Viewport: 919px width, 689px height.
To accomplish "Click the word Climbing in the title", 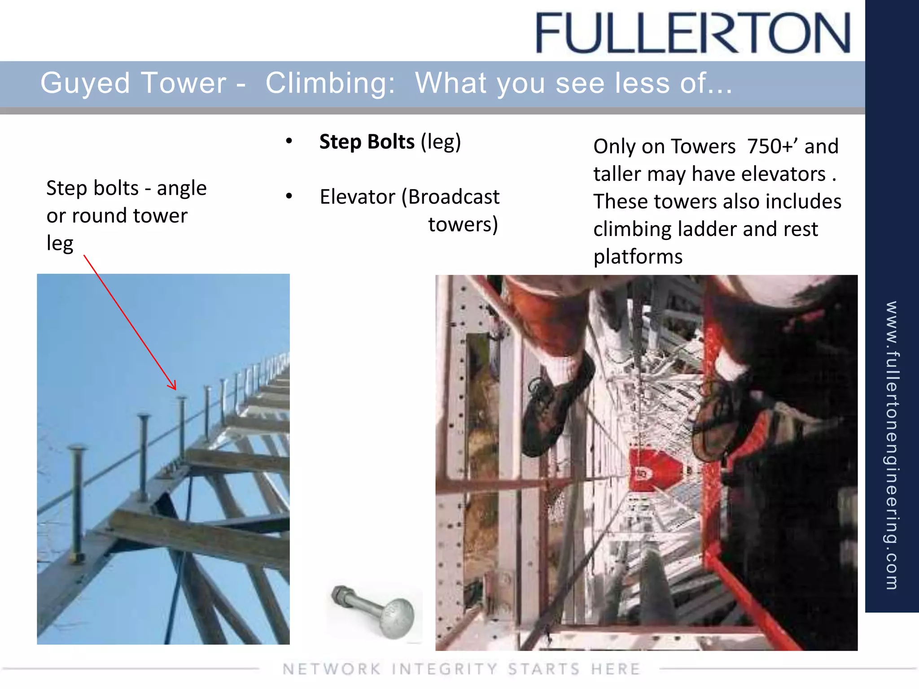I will [330, 83].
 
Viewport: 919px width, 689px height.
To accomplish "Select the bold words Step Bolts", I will [367, 142].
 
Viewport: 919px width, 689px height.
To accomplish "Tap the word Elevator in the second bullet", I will [358, 197].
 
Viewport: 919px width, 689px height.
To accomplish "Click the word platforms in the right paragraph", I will [638, 257].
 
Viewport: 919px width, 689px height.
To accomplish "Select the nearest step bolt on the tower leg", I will [77, 502].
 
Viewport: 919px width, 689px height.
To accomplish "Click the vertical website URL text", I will [892, 444].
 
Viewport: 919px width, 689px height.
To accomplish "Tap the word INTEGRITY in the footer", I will [444, 669].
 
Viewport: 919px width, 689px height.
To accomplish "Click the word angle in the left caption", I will [181, 188].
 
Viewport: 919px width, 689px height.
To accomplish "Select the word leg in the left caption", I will [60, 244].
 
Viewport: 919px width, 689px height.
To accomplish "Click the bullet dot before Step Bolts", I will [289, 141].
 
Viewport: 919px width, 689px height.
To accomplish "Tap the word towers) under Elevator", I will [463, 224].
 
